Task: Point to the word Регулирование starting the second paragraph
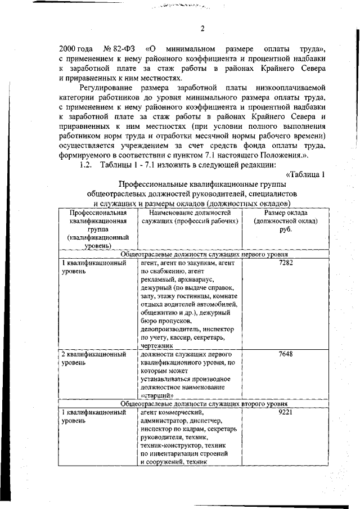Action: coord(106,88)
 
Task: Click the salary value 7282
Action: coord(285,263)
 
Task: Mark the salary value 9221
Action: coord(285,413)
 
